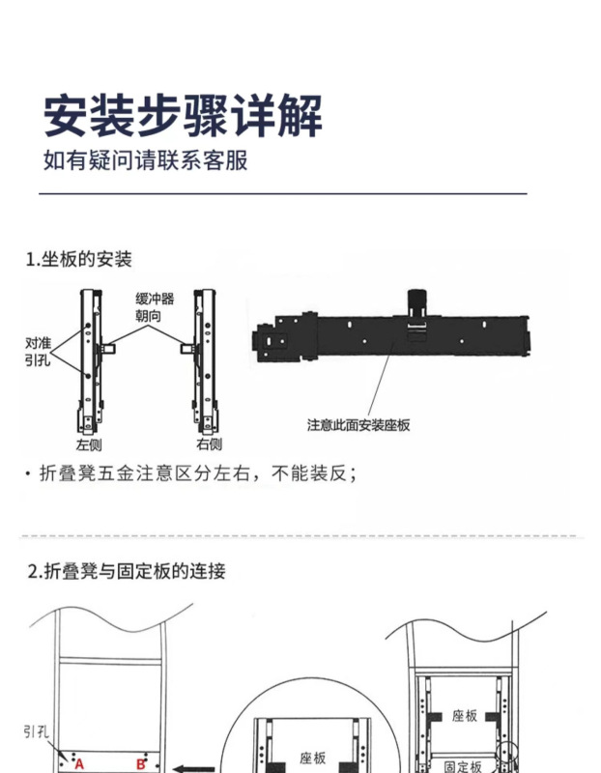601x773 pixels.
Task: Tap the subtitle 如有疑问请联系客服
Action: pos(146,160)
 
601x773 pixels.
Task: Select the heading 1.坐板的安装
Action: pos(78,260)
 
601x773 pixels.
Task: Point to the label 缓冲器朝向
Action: pos(155,308)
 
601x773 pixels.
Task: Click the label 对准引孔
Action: pos(38,351)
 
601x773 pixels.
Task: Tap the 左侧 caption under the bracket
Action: pos(90,444)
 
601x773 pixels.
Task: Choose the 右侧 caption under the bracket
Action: pos(209,444)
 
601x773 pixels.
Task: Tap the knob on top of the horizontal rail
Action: pos(416,301)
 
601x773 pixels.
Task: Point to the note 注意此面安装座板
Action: pos(358,424)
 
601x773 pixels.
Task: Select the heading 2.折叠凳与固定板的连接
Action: pos(127,571)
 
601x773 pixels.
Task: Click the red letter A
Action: pos(79,764)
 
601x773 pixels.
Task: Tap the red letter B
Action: pos(140,764)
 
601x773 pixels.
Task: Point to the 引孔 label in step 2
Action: pos(37,731)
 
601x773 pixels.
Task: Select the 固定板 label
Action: pos(464,765)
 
